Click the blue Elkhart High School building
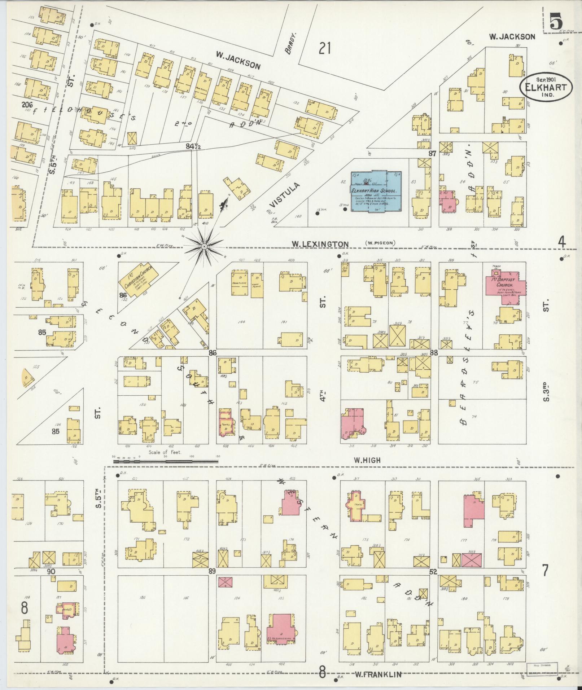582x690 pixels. click(376, 191)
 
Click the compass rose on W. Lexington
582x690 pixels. click(204, 246)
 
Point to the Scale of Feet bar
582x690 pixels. click(166, 461)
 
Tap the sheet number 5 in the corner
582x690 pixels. click(556, 22)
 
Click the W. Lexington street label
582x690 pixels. click(320, 244)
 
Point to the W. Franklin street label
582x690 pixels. click(378, 674)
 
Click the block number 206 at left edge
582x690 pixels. click(27, 105)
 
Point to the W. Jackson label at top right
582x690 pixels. click(512, 36)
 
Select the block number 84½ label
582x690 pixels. click(193, 146)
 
